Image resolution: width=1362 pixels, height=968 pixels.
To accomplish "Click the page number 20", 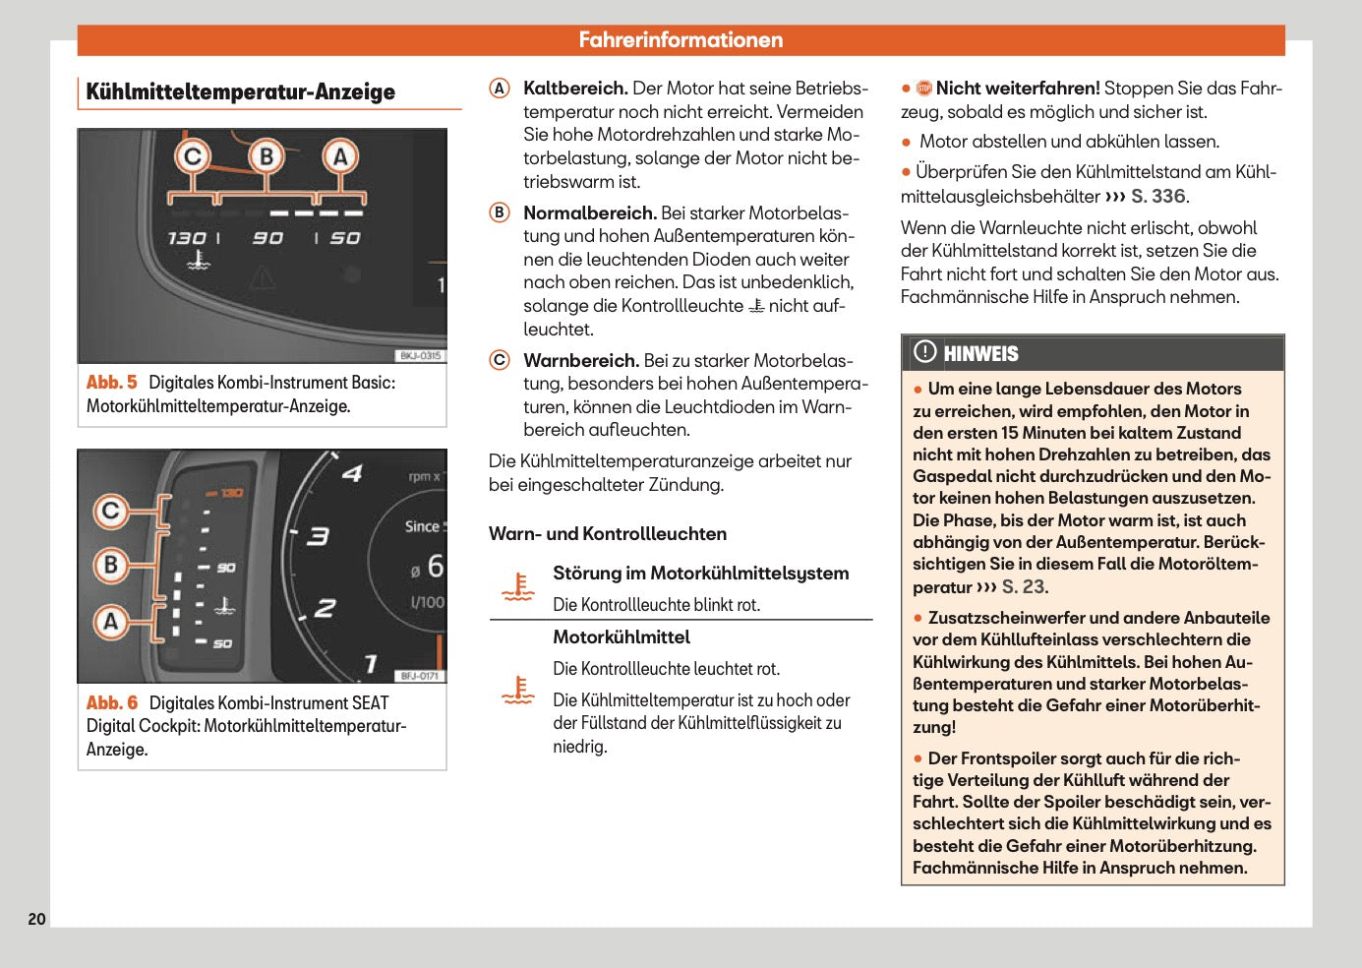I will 36,919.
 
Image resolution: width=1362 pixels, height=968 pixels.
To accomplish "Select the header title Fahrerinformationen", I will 681,40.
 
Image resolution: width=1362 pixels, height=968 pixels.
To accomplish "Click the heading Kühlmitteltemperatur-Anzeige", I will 241,92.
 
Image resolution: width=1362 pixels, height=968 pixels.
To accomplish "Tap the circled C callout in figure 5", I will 193,156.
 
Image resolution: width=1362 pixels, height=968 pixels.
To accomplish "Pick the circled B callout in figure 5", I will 266,156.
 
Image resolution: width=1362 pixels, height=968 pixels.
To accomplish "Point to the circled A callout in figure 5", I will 340,156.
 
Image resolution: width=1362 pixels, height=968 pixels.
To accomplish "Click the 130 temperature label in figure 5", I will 186,238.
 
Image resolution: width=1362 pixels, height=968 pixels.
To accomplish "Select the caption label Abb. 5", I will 111,383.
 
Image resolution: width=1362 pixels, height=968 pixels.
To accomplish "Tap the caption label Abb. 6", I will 111,703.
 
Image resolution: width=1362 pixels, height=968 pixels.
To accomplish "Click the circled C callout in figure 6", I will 111,511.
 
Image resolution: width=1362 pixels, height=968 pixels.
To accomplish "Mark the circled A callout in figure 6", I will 111,622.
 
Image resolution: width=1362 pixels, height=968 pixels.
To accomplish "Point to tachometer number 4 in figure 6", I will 351,474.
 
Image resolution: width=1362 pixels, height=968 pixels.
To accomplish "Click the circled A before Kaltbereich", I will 500,89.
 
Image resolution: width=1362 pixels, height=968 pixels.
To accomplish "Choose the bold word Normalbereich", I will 589,213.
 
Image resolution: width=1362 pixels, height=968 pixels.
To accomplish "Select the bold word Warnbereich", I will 581,361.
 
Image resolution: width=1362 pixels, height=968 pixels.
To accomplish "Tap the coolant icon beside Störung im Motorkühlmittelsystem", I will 517,587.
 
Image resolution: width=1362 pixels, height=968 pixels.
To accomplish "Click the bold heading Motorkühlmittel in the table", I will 622,637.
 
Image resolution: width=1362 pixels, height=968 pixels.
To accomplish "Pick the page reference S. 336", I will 1158,197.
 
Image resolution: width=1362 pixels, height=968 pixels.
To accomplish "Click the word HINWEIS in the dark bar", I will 980,354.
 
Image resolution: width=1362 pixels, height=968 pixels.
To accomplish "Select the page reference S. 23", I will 1024,587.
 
